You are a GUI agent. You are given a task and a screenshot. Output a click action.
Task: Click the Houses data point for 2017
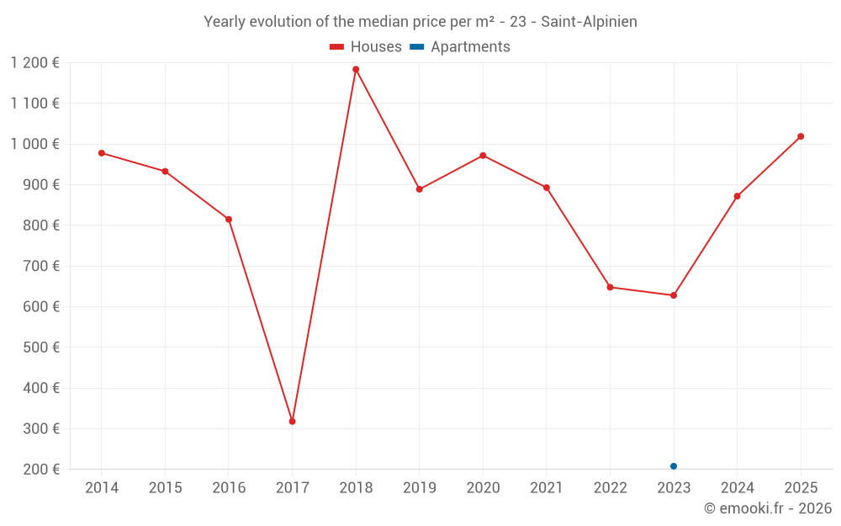292,421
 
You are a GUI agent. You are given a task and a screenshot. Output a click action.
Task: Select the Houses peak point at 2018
356,69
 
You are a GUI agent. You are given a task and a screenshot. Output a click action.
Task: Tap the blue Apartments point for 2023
674,466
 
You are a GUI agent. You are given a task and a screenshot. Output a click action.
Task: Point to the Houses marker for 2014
102,153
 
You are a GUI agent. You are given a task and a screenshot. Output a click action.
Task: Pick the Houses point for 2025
801,136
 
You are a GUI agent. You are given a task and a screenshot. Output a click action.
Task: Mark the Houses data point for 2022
611,287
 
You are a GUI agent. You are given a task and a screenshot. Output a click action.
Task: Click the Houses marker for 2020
483,156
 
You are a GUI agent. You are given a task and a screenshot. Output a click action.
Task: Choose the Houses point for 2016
229,220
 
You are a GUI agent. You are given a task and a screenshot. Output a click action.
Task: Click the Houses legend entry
366,47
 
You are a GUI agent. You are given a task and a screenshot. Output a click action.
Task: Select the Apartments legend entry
460,47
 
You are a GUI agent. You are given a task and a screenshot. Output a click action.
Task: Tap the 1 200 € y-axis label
35,62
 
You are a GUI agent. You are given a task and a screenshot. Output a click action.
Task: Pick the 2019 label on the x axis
420,487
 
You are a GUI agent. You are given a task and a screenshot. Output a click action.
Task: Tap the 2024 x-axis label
738,487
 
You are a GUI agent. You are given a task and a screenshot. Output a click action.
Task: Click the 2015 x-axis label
165,487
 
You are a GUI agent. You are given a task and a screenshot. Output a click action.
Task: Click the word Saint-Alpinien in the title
589,22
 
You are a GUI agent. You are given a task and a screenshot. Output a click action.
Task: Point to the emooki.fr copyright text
768,508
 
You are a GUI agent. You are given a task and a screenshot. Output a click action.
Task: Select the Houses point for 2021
547,188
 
